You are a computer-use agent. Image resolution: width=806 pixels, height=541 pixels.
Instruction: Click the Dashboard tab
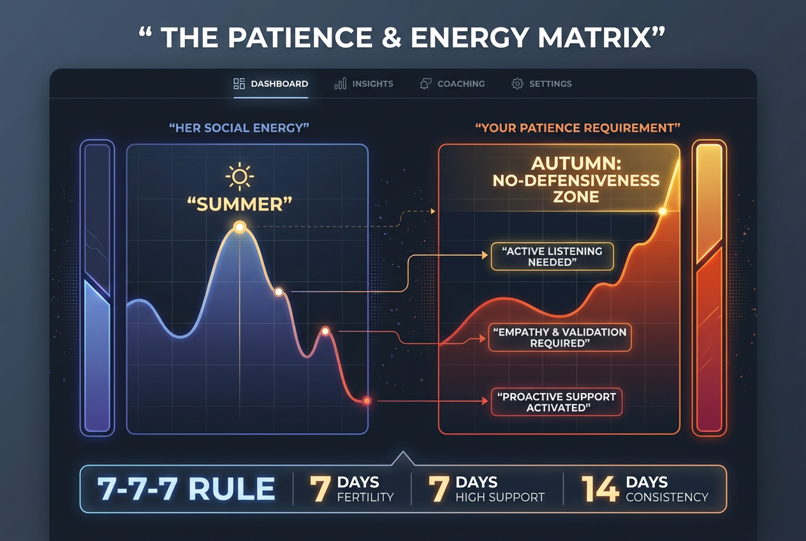click(x=271, y=84)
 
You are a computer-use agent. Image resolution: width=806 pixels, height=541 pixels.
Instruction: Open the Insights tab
click(x=364, y=84)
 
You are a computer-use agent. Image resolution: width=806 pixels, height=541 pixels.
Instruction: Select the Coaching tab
click(x=453, y=84)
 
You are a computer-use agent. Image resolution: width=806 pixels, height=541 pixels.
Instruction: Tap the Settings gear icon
click(x=517, y=84)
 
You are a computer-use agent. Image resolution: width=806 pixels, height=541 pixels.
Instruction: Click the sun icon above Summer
click(x=240, y=176)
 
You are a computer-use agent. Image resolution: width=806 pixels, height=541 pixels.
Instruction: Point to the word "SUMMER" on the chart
click(x=240, y=204)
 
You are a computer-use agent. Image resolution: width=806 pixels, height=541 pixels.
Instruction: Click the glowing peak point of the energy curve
click(x=240, y=226)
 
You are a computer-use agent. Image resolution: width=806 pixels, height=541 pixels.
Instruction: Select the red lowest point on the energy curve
click(x=367, y=401)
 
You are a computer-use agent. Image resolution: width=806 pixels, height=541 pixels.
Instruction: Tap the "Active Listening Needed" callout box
click(x=552, y=256)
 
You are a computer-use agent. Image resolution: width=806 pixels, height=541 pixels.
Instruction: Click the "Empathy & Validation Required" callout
click(x=559, y=337)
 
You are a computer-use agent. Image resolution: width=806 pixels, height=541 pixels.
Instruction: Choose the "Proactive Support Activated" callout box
click(x=556, y=402)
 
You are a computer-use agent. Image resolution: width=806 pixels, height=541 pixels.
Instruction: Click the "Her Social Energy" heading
click(x=239, y=128)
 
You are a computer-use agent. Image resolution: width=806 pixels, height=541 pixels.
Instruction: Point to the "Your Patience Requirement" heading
click(x=578, y=128)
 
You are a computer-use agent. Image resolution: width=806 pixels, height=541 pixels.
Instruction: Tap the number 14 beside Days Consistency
click(x=600, y=489)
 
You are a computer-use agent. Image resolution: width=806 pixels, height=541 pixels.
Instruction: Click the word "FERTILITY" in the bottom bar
click(x=365, y=497)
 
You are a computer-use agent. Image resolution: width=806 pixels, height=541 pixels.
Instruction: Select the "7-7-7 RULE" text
click(x=186, y=489)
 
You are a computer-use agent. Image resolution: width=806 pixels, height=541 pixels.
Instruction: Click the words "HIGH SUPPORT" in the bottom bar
click(x=500, y=497)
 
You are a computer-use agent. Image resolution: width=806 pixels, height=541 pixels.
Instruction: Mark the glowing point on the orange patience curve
click(x=663, y=211)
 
